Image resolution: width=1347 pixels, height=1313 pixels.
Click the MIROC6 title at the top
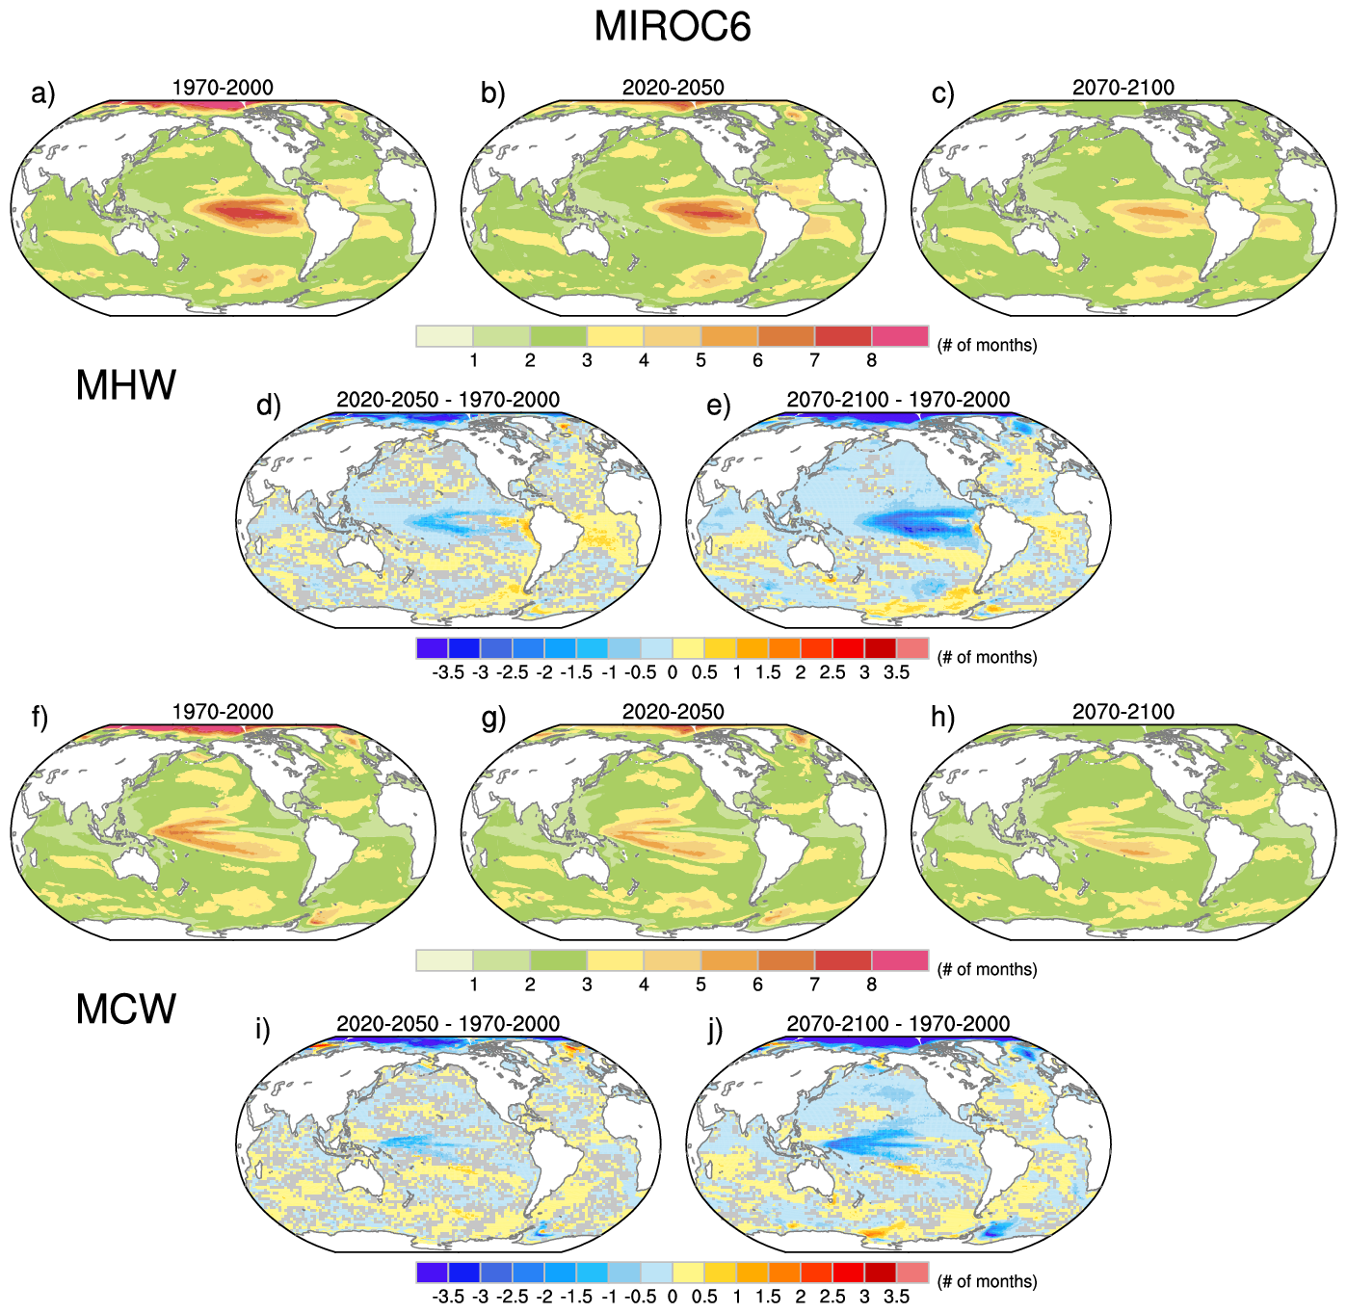(x=672, y=27)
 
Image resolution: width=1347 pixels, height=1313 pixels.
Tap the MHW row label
(x=126, y=385)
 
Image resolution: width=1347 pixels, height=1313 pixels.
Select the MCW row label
(x=126, y=1010)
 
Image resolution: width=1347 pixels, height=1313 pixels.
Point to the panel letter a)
(x=43, y=93)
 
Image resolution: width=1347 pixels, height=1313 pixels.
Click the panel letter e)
(x=719, y=406)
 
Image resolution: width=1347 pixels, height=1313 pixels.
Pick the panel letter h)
(x=942, y=718)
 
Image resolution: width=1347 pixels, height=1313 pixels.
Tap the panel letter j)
(x=715, y=1030)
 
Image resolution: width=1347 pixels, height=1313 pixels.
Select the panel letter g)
(x=493, y=718)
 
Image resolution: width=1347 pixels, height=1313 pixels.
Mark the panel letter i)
(x=262, y=1030)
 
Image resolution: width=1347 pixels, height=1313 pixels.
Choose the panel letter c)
(x=943, y=93)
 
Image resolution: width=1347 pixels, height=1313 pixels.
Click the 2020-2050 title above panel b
(x=673, y=88)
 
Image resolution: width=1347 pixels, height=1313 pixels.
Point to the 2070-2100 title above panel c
(x=1123, y=88)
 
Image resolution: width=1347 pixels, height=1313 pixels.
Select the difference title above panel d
(x=448, y=400)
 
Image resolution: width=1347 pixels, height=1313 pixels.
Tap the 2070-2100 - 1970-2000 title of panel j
(x=898, y=1024)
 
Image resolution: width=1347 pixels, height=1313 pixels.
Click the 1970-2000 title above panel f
(x=223, y=712)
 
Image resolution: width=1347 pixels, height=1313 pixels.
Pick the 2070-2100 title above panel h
(x=1123, y=712)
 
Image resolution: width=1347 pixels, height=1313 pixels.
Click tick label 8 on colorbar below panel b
(x=871, y=361)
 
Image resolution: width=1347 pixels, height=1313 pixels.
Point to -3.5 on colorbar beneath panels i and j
(x=448, y=1297)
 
